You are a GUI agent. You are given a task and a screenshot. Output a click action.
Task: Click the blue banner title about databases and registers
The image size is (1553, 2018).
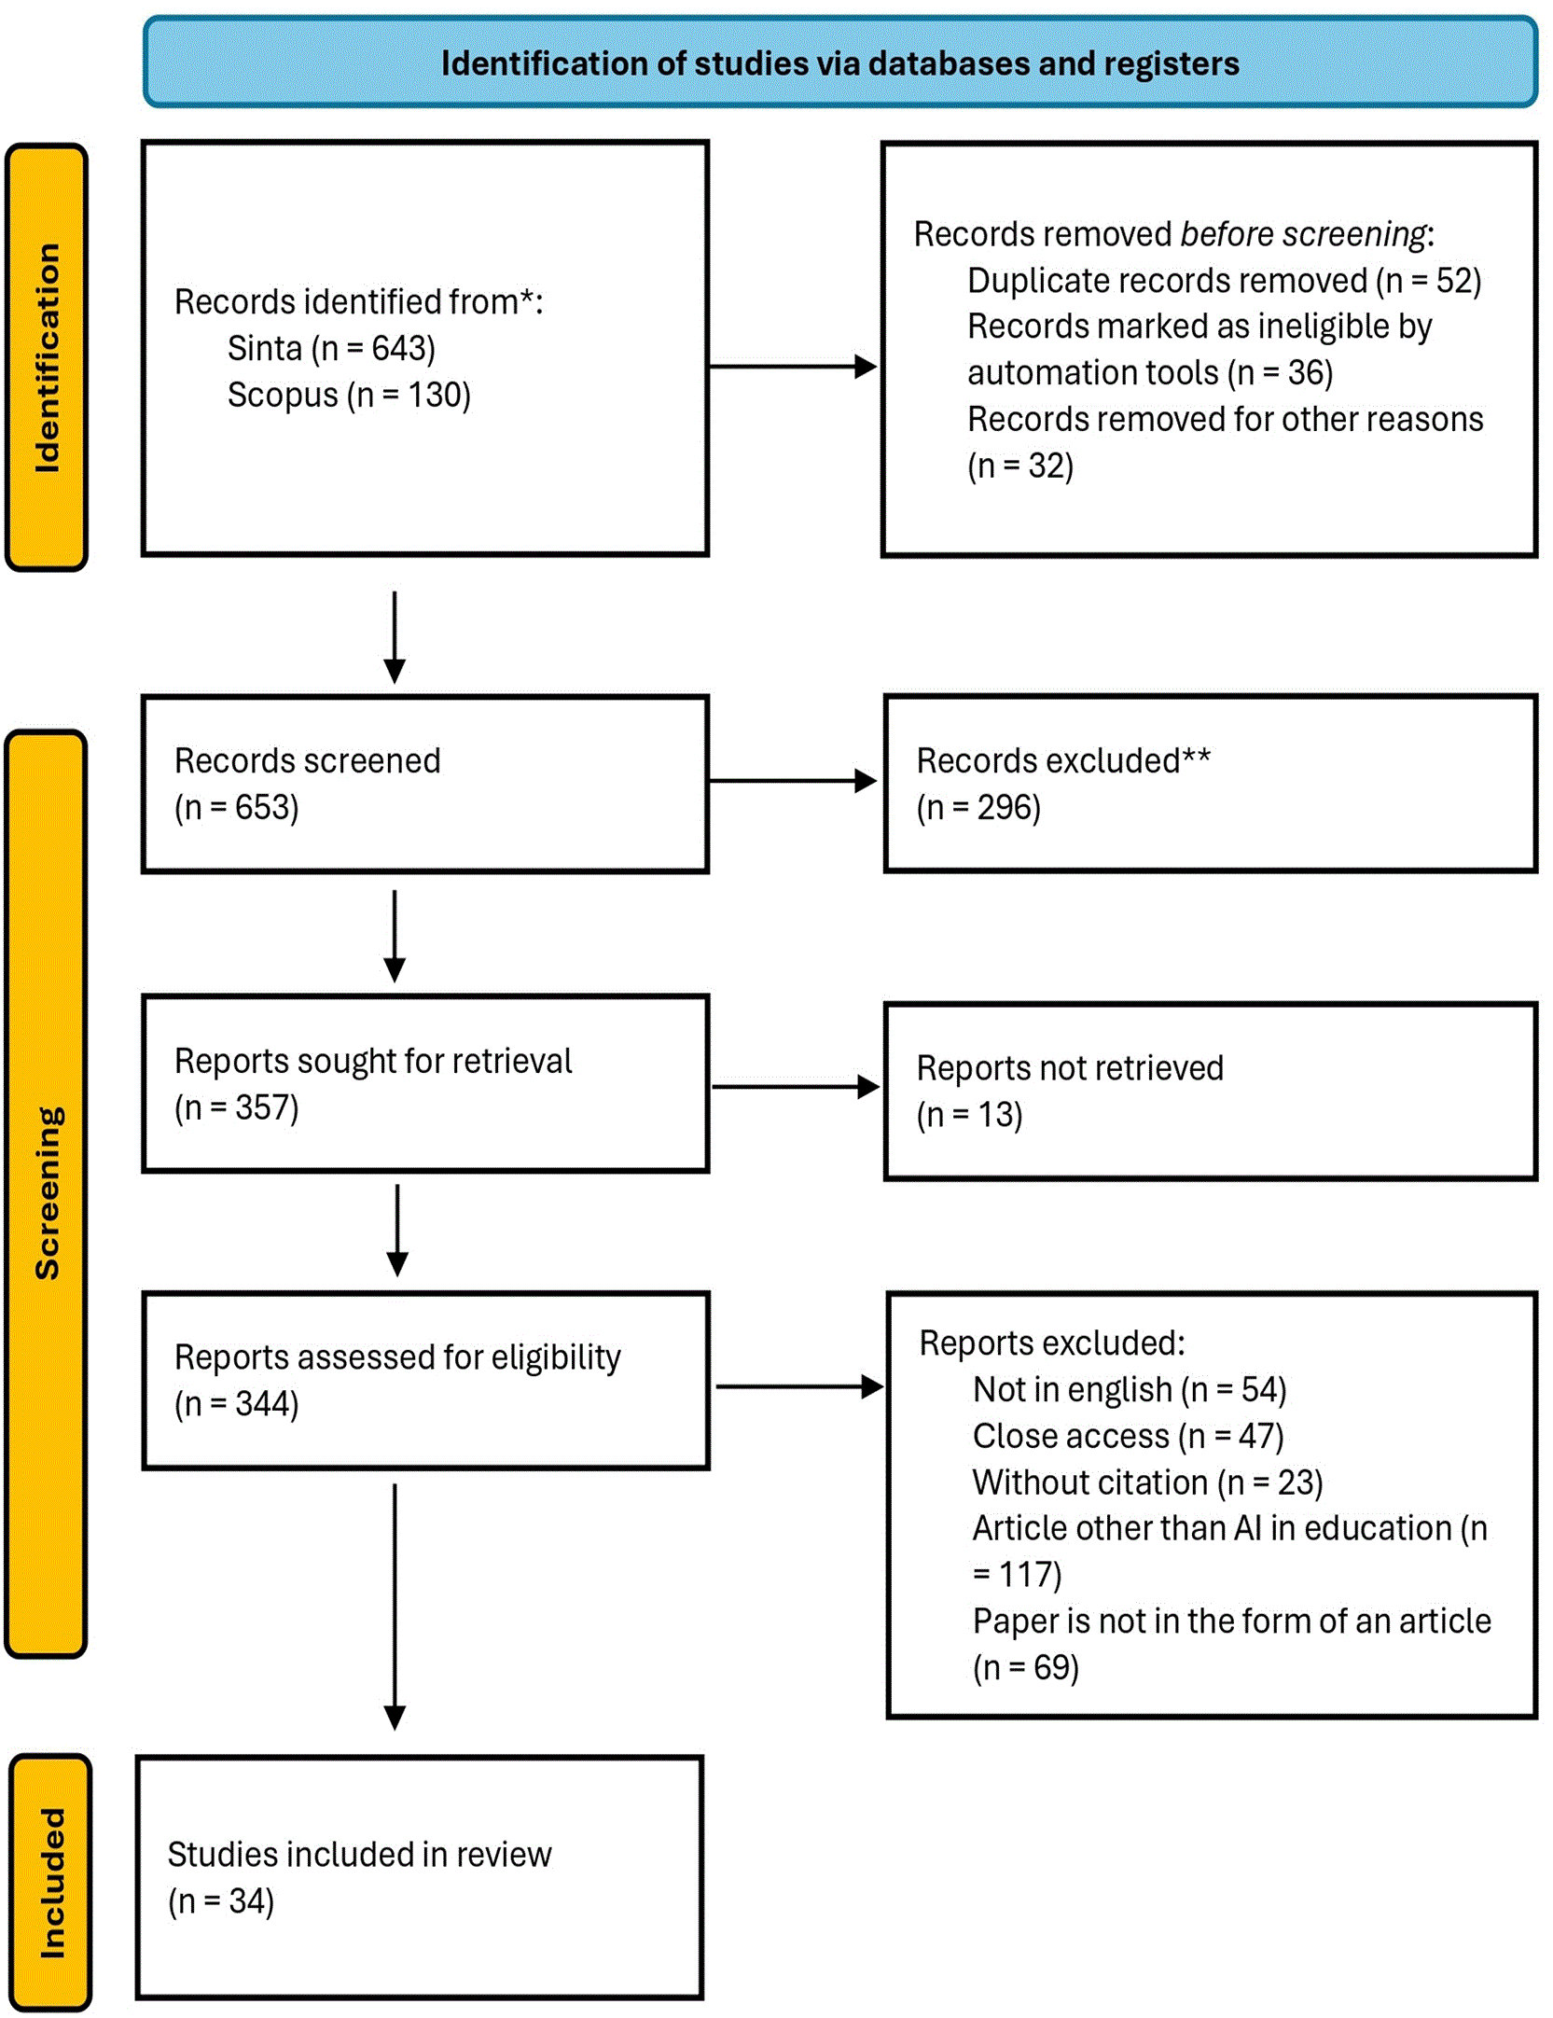click(839, 63)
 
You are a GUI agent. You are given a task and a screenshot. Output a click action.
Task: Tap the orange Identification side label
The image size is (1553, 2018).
click(47, 357)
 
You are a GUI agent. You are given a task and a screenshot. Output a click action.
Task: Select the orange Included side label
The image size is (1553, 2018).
click(51, 1882)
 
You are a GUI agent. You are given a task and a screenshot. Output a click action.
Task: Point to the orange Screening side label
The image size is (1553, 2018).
click(47, 1193)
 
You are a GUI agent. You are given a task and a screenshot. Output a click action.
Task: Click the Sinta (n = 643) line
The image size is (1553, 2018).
click(331, 348)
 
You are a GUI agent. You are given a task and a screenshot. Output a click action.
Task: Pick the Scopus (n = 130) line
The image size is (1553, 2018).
click(349, 395)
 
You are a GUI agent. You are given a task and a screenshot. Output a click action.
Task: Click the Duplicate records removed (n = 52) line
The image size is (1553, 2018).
click(1224, 280)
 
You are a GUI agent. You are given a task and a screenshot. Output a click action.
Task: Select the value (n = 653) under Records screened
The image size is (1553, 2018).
click(236, 807)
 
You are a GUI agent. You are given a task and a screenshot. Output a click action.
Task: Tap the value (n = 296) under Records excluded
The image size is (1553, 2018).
click(978, 807)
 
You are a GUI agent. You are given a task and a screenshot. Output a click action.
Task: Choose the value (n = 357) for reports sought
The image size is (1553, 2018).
click(236, 1107)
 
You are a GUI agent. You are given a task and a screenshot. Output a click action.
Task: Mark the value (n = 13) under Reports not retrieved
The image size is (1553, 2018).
click(969, 1115)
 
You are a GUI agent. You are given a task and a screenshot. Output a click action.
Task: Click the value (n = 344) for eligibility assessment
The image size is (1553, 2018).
click(236, 1404)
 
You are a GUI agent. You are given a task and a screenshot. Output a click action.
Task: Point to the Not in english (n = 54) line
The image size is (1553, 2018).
click(1130, 1390)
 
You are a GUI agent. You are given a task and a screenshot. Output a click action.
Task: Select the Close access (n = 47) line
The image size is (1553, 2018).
click(1129, 1437)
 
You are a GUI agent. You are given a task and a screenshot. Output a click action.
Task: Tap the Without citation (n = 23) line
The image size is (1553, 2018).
click(1148, 1483)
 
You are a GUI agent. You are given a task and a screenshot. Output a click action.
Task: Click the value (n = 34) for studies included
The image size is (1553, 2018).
click(221, 1901)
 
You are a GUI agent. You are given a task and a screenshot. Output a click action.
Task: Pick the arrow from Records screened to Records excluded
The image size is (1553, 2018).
click(793, 780)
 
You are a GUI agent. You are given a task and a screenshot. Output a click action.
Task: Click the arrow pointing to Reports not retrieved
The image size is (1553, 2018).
click(796, 1087)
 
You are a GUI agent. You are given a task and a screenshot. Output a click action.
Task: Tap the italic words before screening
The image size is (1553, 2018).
click(1303, 234)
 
